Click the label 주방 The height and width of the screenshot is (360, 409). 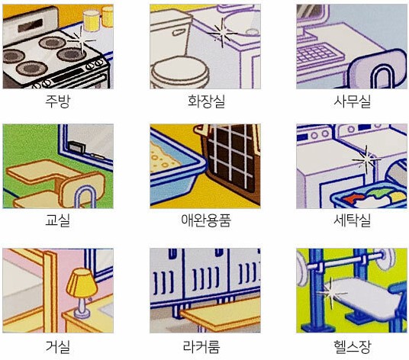tap(58, 101)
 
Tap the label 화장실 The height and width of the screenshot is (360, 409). tap(206, 101)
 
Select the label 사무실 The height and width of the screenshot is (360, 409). tap(352, 101)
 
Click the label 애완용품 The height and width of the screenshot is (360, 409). tap(206, 220)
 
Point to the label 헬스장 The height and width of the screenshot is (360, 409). tap(352, 347)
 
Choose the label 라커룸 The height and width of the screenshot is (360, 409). tap(201, 347)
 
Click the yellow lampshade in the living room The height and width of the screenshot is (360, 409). tap(82, 284)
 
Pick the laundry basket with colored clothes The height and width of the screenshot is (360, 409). tap(368, 196)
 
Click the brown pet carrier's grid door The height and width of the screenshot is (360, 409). tap(231, 158)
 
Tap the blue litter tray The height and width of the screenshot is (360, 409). tap(175, 169)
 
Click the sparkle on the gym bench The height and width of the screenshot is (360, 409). tap(331, 294)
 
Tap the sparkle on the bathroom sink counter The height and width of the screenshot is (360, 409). tap(223, 34)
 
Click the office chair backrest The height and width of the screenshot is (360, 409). tap(378, 69)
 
